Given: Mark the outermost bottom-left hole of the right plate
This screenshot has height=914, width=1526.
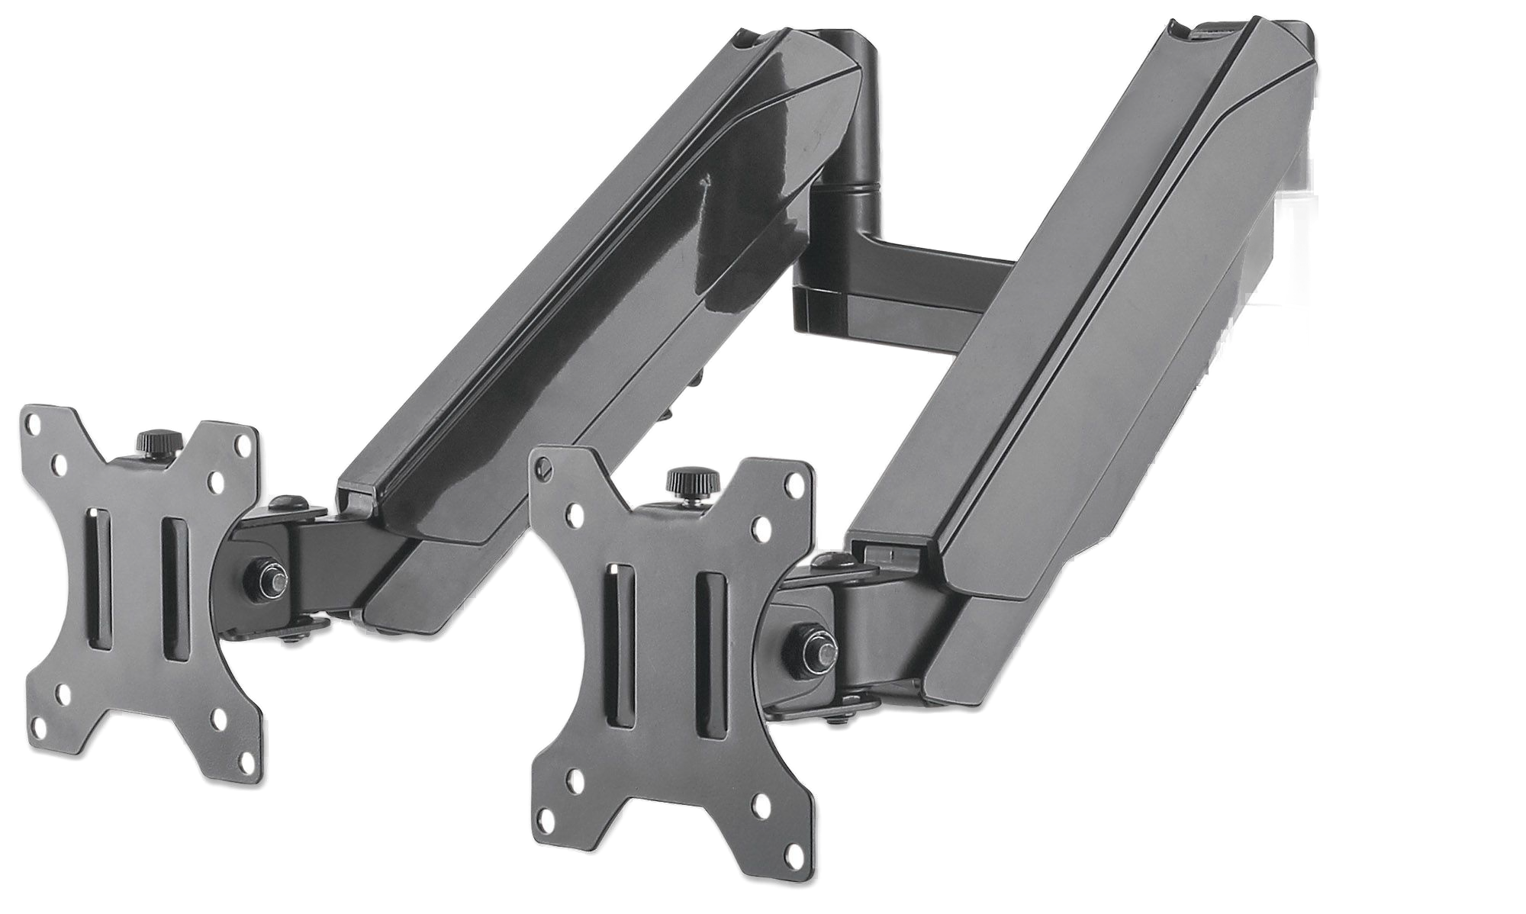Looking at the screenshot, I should coord(546,821).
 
